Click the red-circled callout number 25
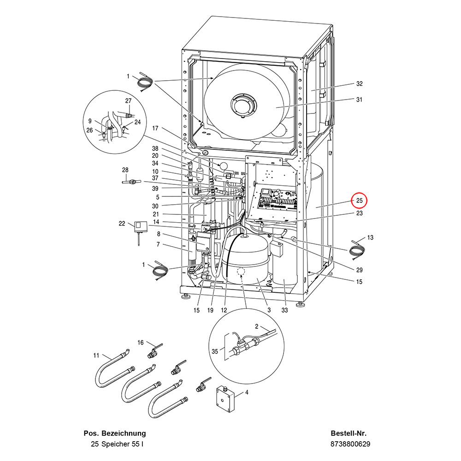(359, 201)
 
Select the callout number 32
(359, 84)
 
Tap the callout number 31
(359, 100)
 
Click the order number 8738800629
(350, 444)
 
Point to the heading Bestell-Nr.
(349, 433)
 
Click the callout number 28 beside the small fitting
(125, 170)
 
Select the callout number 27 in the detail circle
(128, 100)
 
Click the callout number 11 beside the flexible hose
(96, 355)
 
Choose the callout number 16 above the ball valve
(141, 342)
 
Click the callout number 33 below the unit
(284, 310)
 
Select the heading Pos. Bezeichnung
(115, 433)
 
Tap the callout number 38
(155, 148)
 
